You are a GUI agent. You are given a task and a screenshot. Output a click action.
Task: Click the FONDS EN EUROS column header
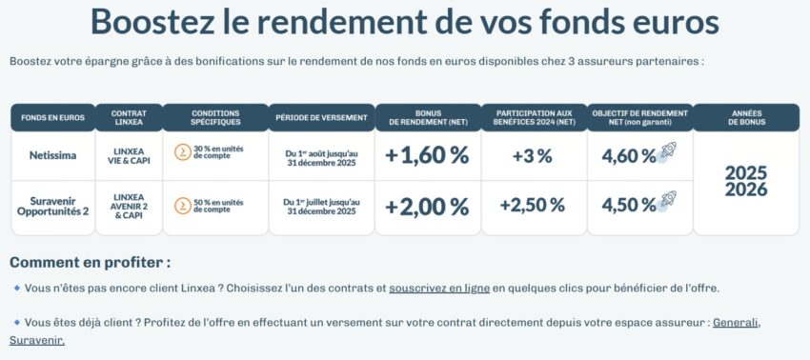(52, 118)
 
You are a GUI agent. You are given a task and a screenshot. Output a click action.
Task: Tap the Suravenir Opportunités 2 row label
(52, 205)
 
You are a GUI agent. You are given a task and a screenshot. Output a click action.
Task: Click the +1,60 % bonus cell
(427, 155)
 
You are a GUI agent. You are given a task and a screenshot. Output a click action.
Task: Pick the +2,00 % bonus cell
(427, 206)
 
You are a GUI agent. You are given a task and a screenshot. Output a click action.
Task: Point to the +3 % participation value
(532, 155)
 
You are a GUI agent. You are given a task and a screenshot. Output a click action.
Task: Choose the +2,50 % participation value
(532, 205)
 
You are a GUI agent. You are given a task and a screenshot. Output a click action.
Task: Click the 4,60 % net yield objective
(629, 155)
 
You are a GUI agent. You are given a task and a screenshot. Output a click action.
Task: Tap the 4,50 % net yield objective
(629, 205)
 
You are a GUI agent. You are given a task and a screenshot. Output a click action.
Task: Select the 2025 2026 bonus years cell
(746, 181)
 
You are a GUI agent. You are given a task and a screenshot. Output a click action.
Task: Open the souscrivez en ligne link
(439, 288)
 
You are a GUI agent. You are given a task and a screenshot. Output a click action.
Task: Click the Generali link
(736, 322)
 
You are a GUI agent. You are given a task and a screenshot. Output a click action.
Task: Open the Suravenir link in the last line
(37, 339)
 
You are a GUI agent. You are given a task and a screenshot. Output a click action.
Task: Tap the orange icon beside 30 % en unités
(182, 151)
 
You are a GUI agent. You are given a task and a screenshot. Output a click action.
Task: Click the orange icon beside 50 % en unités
(182, 205)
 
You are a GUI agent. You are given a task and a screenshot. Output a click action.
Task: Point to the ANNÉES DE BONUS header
(746, 118)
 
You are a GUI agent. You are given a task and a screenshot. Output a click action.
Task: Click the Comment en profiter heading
(91, 262)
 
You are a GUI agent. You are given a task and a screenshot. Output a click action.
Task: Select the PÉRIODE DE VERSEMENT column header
(321, 118)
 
